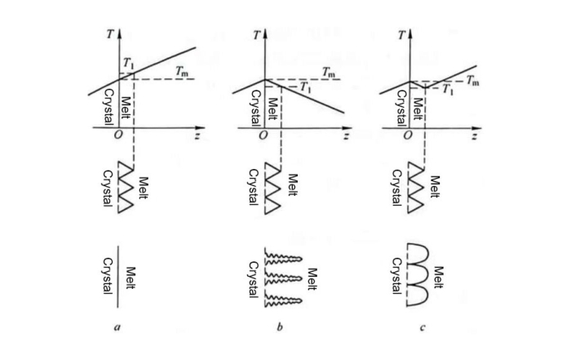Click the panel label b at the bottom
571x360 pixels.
280,327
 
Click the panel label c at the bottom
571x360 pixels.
423,327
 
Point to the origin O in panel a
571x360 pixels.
116,136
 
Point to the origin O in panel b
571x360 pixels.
262,136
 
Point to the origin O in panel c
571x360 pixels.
407,136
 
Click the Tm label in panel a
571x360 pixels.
184,73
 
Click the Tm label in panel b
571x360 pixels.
328,73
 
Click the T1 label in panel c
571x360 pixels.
447,91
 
